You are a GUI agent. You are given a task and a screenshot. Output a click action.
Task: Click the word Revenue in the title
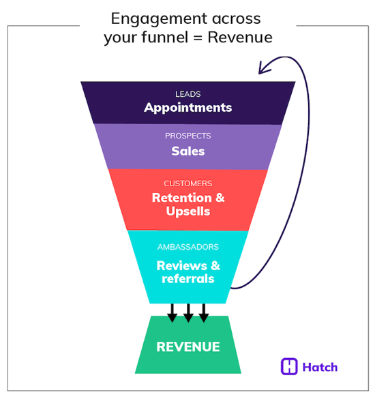point(240,38)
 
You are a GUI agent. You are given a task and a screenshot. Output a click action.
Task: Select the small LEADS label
point(187,93)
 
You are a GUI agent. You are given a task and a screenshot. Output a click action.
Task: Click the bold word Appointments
point(187,108)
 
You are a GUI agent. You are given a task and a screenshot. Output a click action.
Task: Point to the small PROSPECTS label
point(187,136)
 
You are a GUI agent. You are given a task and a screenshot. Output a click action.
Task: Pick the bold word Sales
point(187,151)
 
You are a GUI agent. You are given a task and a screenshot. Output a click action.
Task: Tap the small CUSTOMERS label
point(187,183)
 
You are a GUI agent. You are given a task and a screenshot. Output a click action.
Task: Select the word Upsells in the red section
point(187,211)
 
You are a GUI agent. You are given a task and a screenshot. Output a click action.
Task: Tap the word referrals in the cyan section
point(187,278)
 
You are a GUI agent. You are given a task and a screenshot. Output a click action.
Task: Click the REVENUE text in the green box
point(188,347)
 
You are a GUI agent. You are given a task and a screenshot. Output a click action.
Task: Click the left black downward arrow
point(172,313)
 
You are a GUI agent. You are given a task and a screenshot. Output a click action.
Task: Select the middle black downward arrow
point(188,313)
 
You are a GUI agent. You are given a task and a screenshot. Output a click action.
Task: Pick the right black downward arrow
point(204,313)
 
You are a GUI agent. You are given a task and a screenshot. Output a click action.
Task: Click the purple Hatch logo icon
point(290,366)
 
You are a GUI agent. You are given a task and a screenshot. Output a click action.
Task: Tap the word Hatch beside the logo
point(320,367)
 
